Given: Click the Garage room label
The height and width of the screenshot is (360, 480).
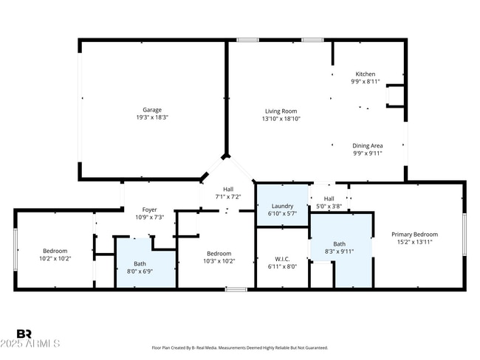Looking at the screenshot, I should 152,110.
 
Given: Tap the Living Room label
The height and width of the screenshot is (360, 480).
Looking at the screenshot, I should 282,111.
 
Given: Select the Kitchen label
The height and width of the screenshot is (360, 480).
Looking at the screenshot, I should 366,74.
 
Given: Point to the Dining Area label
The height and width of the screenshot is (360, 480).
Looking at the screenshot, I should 367,146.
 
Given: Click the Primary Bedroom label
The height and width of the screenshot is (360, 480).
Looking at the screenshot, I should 414,235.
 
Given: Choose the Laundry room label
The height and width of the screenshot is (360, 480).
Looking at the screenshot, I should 282,206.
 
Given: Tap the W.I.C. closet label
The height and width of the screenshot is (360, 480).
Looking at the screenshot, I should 282,259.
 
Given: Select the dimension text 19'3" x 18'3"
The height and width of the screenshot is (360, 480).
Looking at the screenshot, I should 152,118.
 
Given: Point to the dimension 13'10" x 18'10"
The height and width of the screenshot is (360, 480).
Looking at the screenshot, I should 282,119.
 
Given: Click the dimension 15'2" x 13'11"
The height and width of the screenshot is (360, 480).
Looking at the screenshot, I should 414,242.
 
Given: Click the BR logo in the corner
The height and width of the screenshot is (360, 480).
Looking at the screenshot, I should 24,334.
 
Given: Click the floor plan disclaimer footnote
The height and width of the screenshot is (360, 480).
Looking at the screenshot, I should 239,347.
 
